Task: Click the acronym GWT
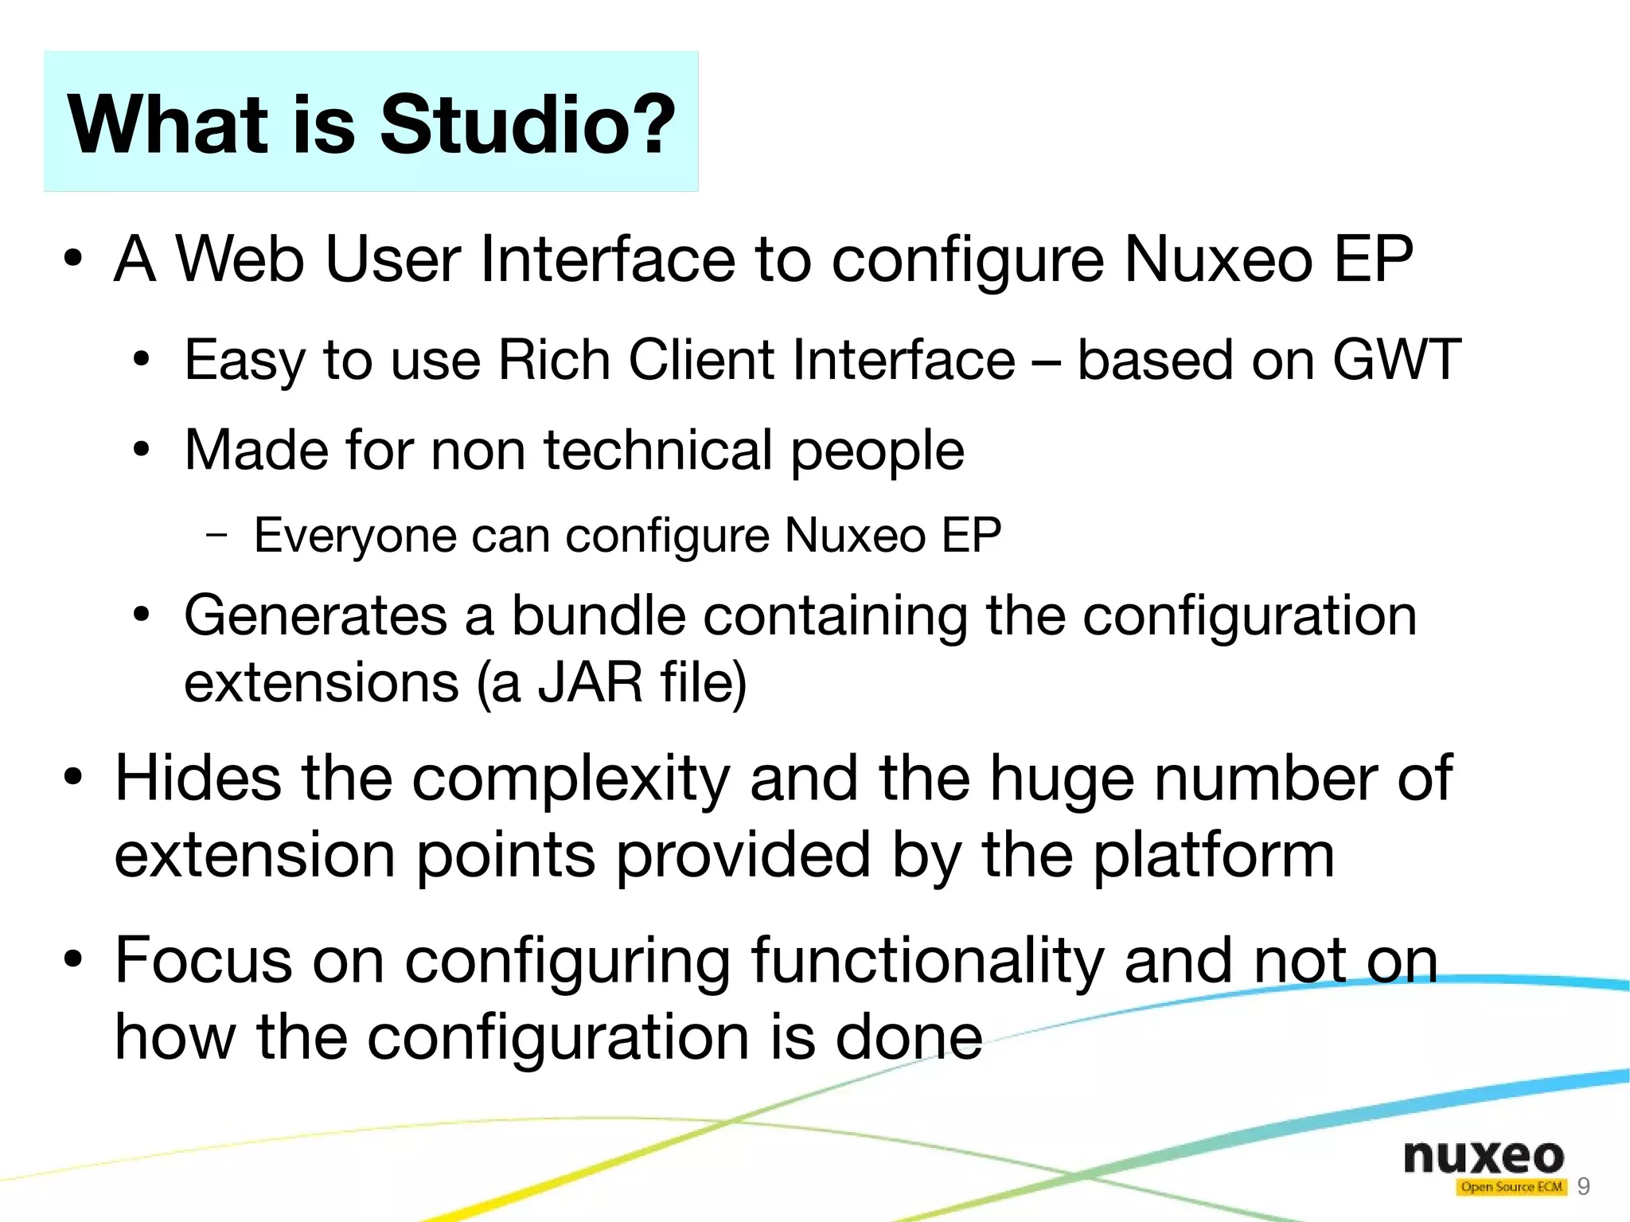pyautogui.click(x=1397, y=360)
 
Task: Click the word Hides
pyautogui.click(x=198, y=778)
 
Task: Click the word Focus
pyautogui.click(x=204, y=960)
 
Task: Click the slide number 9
pyautogui.click(x=1583, y=1187)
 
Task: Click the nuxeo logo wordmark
pyautogui.click(x=1484, y=1157)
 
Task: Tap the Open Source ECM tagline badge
pyautogui.click(x=1511, y=1187)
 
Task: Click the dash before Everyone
pyautogui.click(x=216, y=535)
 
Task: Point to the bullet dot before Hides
pyautogui.click(x=73, y=778)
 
